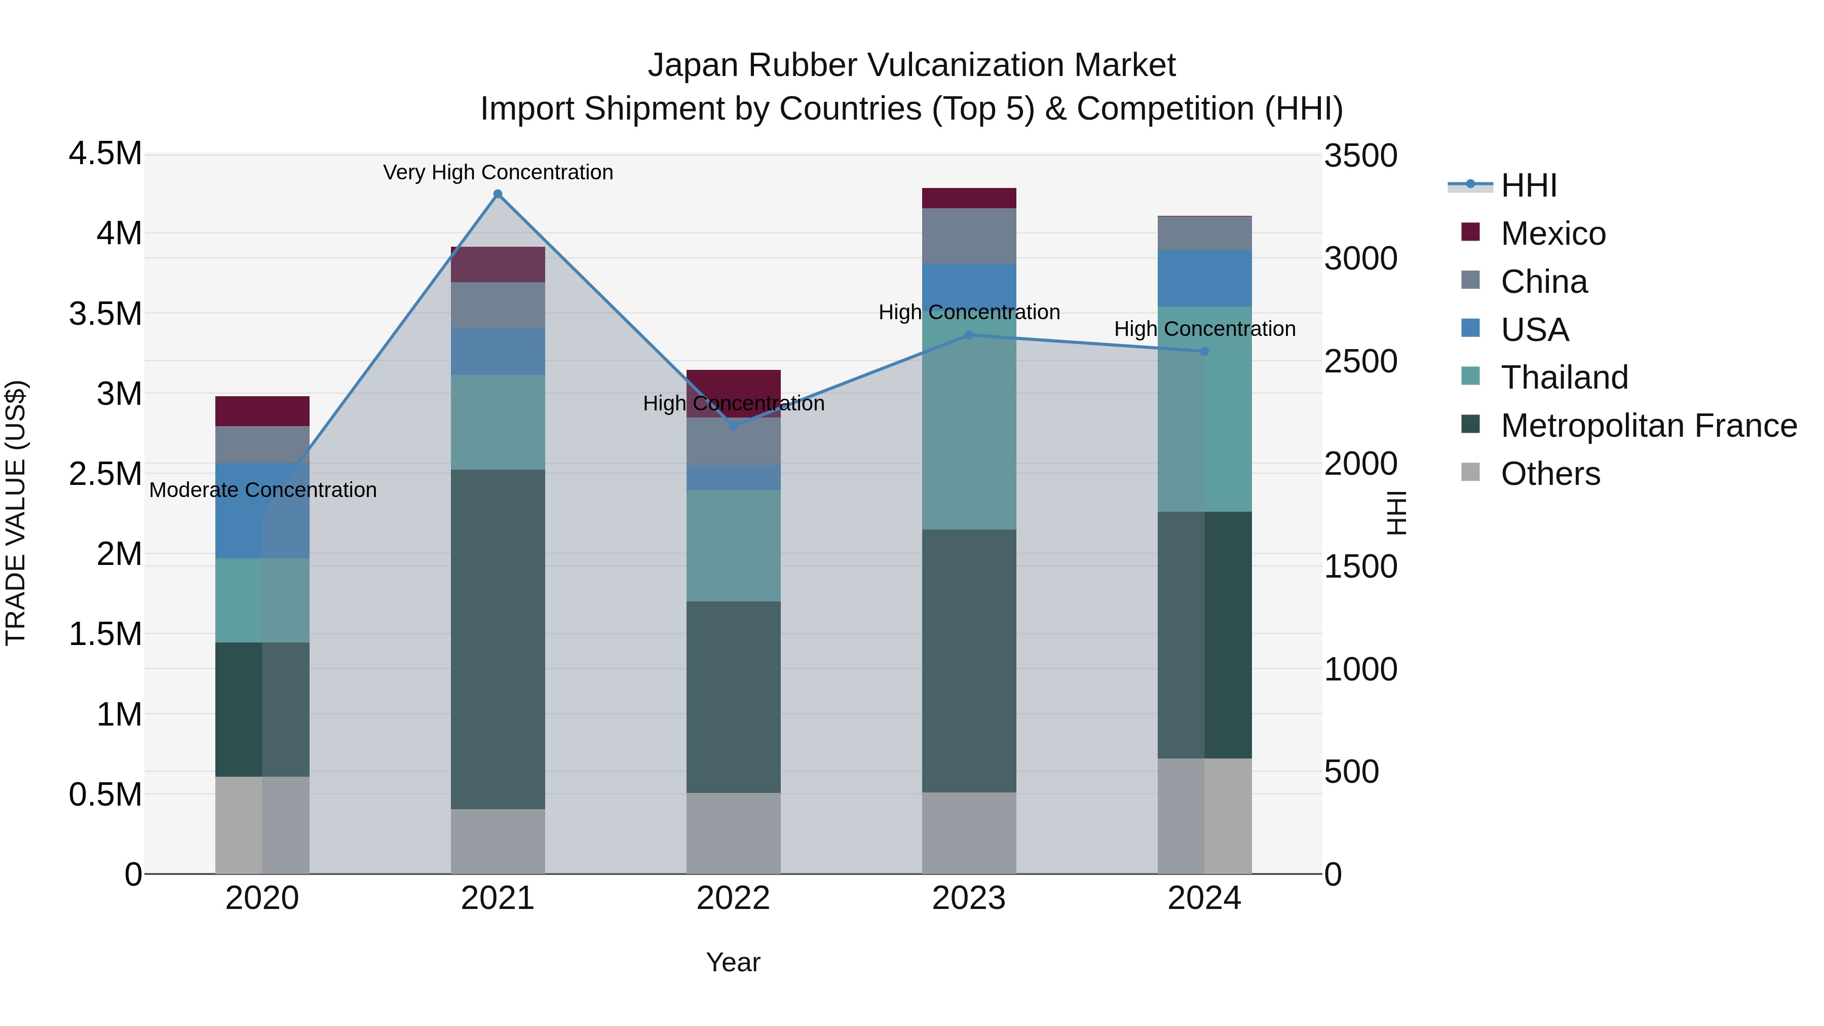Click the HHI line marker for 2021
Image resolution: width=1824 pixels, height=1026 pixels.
(x=498, y=194)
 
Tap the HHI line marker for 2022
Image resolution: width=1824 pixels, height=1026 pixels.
(x=734, y=426)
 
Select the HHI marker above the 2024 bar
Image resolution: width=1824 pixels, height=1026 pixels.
(x=1204, y=351)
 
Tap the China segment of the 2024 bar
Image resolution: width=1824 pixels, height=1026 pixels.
(x=1204, y=233)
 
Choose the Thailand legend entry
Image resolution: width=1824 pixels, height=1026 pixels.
(x=1564, y=377)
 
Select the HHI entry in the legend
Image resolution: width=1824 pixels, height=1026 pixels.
(x=1528, y=185)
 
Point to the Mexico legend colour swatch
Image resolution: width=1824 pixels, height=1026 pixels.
(x=1471, y=232)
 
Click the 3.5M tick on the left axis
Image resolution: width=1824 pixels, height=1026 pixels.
(x=105, y=314)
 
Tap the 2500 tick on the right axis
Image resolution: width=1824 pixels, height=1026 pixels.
(x=1360, y=361)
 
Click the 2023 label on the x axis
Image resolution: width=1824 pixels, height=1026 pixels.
(x=969, y=898)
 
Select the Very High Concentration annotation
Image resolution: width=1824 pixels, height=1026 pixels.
(x=498, y=172)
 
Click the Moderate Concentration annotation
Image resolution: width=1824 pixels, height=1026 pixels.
(x=262, y=490)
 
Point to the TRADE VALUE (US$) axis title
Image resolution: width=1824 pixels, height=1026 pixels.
(x=16, y=513)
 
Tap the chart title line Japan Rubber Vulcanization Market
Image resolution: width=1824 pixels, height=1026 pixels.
(x=911, y=65)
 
